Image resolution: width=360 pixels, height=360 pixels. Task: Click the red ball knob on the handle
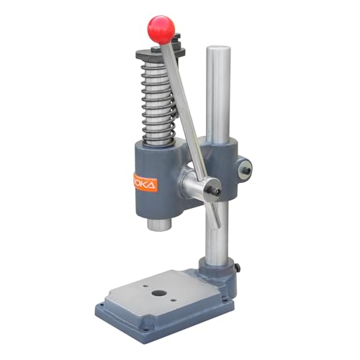tap(161, 29)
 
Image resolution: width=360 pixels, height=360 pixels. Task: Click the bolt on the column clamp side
tap(246, 168)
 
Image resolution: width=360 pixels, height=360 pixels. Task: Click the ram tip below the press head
tap(158, 224)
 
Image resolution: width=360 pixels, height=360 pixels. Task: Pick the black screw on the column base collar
tap(238, 268)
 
